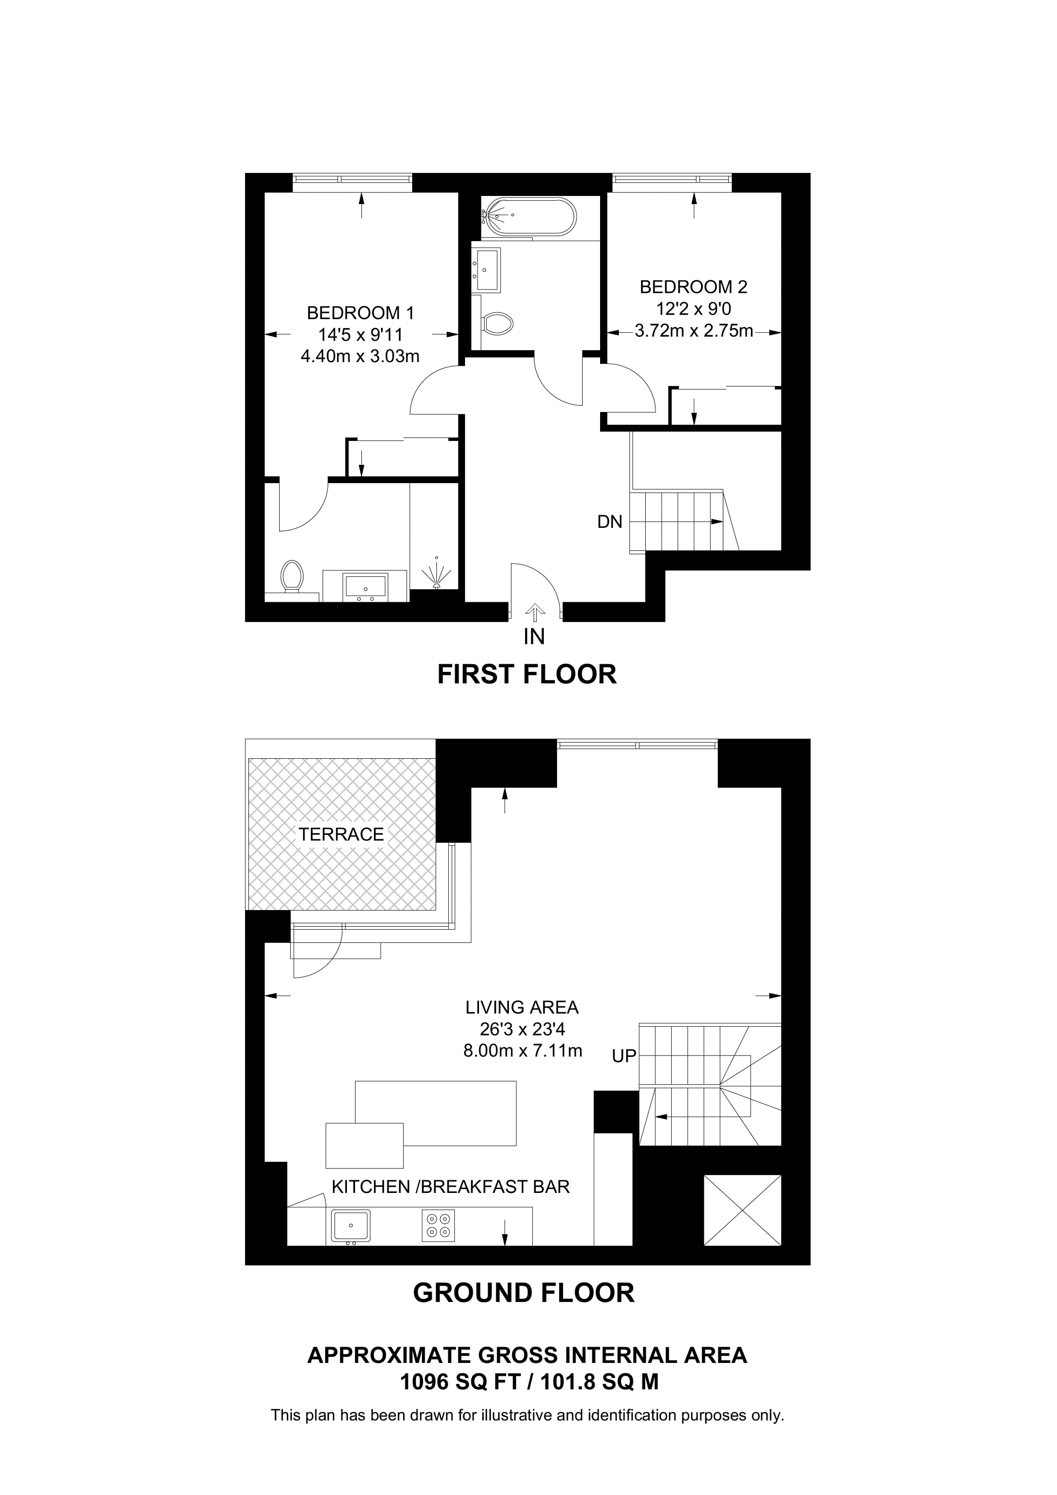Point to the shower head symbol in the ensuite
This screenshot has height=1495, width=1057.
[437, 573]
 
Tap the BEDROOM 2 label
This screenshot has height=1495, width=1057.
[694, 287]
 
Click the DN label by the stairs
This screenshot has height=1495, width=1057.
[610, 522]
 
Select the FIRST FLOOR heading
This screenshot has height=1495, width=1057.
[527, 675]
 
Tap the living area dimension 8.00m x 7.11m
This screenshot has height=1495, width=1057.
[522, 1050]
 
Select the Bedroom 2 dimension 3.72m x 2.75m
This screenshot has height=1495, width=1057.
[694, 331]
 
